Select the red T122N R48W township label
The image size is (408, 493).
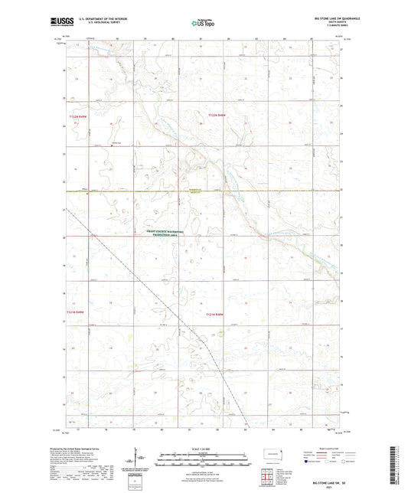coord(217,115)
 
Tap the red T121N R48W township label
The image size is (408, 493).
coord(216,314)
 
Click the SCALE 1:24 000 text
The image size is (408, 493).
coord(204,449)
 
